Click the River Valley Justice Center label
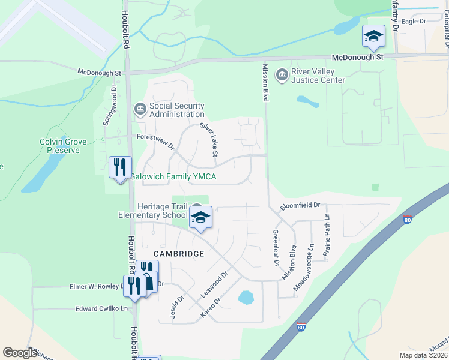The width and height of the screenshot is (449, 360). coord(318,76)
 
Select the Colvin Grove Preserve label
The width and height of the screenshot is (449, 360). coord(63,146)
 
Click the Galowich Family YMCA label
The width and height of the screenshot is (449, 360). coord(173,177)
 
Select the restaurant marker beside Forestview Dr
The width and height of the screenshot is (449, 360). coord(120,167)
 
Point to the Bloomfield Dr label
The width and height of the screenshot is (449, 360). coord(301,206)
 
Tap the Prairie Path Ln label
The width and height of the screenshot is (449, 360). coord(326,235)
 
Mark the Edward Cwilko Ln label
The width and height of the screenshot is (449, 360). coord(102,309)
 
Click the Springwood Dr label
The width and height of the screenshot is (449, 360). coord(109,105)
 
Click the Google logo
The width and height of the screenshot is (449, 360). coord(20,353)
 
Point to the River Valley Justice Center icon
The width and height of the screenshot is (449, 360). coord(281,76)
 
